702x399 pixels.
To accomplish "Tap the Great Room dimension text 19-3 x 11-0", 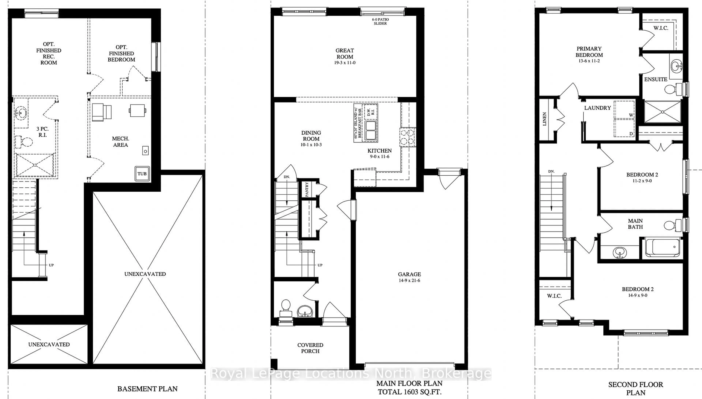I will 345,63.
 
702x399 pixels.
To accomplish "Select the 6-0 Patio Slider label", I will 380,21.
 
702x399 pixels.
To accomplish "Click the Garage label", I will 409,274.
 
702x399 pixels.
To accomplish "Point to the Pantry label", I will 307,189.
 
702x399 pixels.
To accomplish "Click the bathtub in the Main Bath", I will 662,247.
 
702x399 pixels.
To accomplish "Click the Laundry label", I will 597,108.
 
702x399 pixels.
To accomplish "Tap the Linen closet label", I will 545,119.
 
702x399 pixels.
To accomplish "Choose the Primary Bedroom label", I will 589,52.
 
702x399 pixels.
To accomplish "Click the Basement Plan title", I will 147,389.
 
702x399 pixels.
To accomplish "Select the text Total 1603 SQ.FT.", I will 409,392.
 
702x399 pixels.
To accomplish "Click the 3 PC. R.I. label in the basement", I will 42,132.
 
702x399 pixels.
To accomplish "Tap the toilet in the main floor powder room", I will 285,307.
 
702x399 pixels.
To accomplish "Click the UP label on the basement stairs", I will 51,265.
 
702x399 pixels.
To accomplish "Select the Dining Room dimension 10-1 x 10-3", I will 311,145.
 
